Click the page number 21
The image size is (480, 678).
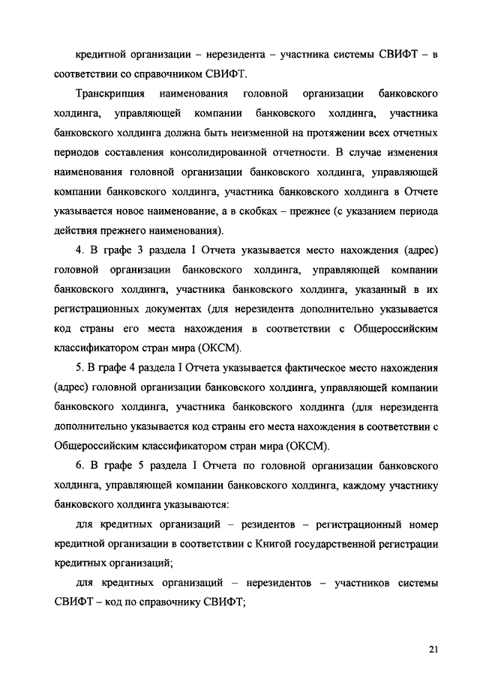coord(433,649)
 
